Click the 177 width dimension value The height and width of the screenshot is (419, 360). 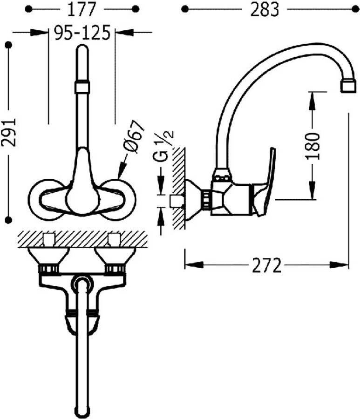82,10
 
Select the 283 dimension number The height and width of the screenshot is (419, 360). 265,10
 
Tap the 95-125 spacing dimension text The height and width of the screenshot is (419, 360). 82,33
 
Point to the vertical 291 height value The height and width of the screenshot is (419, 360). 9,132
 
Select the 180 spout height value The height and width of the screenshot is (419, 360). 312,146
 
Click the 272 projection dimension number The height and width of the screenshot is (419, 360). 266,265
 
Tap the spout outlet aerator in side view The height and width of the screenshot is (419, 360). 348,87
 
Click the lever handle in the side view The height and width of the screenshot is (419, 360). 267,182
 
